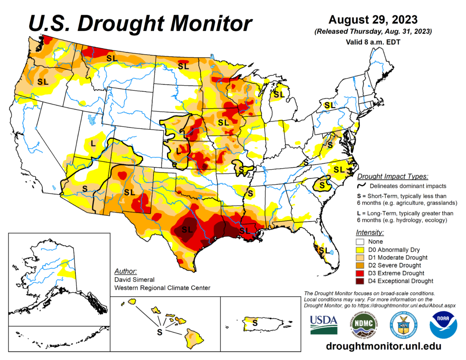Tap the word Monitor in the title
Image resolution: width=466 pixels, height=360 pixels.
(204, 23)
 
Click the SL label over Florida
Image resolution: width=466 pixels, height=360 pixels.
(324, 250)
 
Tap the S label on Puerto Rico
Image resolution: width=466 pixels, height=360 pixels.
(255, 322)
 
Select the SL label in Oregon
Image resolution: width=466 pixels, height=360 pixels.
(43, 82)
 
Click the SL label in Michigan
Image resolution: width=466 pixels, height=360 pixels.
(279, 95)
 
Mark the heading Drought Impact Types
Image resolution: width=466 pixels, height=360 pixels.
(392, 176)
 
